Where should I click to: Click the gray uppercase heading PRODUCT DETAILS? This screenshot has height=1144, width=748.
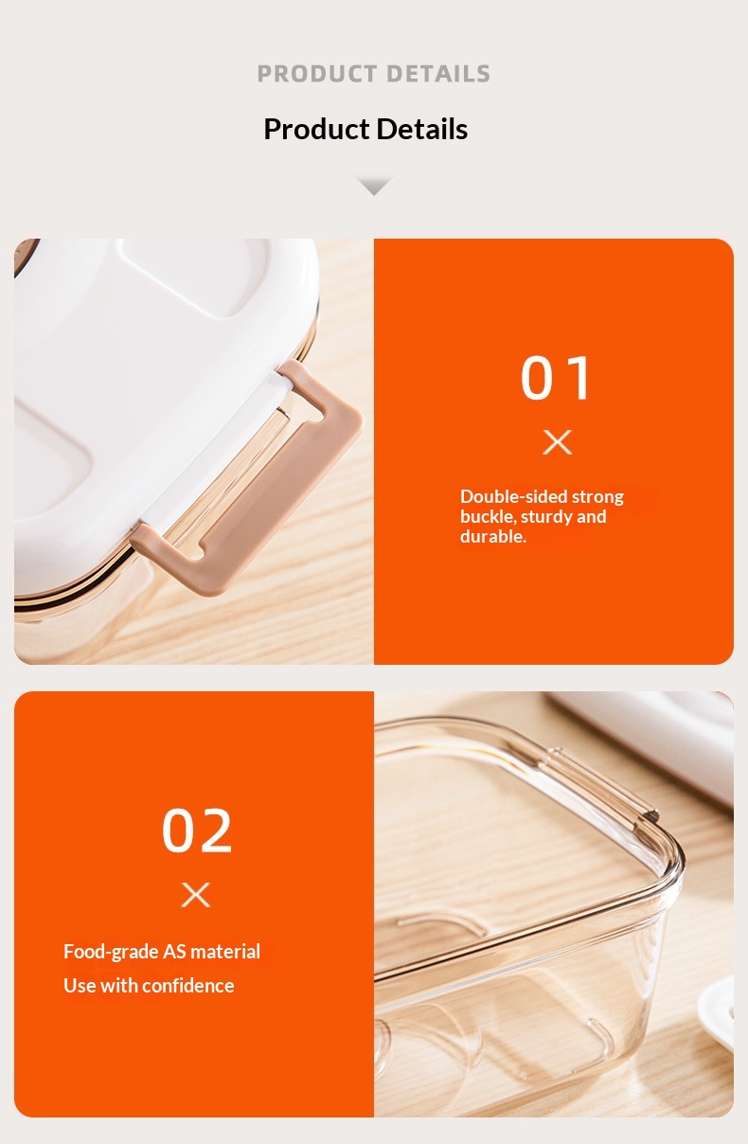(373, 74)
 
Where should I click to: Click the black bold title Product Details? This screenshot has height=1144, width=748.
(365, 129)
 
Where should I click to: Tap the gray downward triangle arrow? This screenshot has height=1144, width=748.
(374, 186)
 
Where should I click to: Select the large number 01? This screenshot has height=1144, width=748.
(556, 378)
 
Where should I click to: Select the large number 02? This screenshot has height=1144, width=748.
(197, 831)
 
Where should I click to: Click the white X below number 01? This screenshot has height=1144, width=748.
(557, 441)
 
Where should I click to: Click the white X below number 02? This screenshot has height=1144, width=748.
(196, 894)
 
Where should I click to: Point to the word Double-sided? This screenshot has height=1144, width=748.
(513, 496)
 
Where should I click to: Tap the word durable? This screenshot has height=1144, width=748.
(492, 536)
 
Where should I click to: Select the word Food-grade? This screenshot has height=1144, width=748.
(111, 952)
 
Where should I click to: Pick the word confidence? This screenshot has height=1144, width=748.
(187, 985)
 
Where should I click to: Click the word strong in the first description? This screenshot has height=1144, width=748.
(597, 497)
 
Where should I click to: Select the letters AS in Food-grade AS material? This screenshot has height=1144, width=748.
(174, 952)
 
